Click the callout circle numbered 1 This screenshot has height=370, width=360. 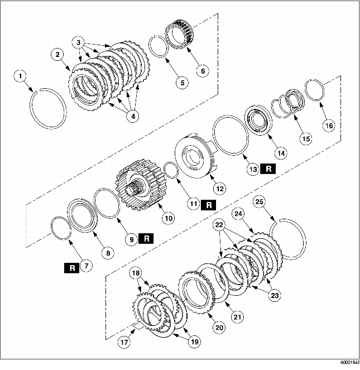[20, 75]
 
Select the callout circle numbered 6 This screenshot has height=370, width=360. [201, 71]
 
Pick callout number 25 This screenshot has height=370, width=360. [259, 201]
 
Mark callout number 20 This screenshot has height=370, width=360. [219, 328]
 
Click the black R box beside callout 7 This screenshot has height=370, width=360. [72, 268]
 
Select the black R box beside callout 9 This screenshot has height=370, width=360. [146, 239]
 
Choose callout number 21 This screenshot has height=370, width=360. [238, 317]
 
